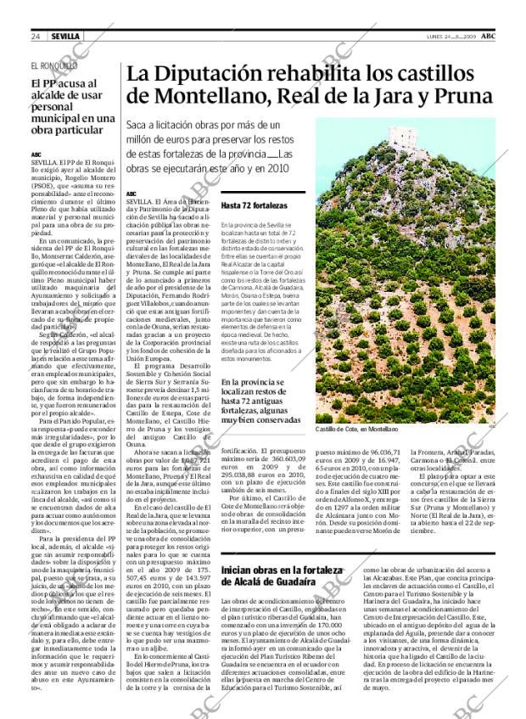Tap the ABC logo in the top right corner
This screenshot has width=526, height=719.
(x=489, y=37)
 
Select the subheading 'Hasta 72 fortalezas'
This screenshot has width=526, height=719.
(x=254, y=205)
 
